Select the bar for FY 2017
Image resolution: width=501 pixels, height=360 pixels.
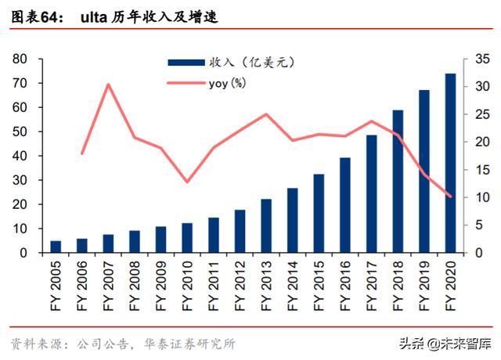coord(372,194)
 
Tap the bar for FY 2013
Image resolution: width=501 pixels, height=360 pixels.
coord(266,226)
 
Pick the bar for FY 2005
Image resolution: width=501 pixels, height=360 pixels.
coord(56,247)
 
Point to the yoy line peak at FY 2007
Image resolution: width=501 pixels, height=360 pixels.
coord(109,85)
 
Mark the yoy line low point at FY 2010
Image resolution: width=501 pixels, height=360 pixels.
coord(187,182)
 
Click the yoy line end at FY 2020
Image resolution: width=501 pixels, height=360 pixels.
coord(451,196)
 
